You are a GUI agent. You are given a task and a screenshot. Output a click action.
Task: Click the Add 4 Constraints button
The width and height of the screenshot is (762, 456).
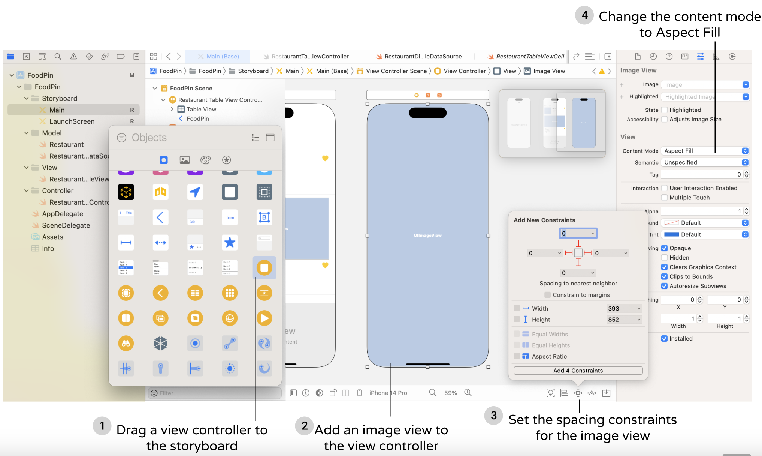[x=578, y=370]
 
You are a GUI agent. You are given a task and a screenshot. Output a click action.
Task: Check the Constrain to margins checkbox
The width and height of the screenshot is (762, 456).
[x=548, y=295]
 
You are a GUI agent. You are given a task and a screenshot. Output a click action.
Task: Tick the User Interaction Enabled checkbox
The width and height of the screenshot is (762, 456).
[x=664, y=188]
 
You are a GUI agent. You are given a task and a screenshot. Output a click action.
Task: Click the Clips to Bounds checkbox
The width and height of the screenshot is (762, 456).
[x=664, y=276]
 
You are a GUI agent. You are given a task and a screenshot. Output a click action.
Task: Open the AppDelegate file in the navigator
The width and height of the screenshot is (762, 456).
[x=62, y=214]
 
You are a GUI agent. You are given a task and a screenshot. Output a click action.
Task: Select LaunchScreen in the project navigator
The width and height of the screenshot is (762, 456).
[x=72, y=121]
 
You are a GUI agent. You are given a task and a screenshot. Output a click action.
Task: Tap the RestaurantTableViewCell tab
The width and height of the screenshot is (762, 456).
[x=529, y=57]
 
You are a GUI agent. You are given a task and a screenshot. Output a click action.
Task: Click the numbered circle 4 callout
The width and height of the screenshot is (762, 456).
[x=584, y=15]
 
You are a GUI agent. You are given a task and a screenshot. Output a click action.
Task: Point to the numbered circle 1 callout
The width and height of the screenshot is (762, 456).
[x=102, y=426]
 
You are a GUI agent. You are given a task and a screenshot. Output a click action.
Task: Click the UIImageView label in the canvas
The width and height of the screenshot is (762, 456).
[x=427, y=235]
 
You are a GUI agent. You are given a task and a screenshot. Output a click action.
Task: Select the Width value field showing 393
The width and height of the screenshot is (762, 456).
[x=623, y=308]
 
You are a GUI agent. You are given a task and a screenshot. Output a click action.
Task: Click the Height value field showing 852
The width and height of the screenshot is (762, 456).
[x=623, y=319]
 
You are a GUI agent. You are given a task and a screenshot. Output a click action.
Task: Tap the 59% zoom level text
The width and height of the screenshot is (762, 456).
[x=450, y=393]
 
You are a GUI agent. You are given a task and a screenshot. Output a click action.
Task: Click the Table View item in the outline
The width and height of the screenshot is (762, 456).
[x=201, y=109]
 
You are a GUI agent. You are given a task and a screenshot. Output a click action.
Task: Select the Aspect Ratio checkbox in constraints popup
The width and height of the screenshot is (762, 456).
[x=517, y=356]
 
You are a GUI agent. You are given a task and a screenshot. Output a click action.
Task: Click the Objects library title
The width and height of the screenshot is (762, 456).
[x=149, y=138]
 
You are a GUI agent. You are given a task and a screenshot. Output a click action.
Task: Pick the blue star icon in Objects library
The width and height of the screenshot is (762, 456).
[x=230, y=243]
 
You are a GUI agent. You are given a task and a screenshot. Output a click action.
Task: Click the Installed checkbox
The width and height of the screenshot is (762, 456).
[x=664, y=338]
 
